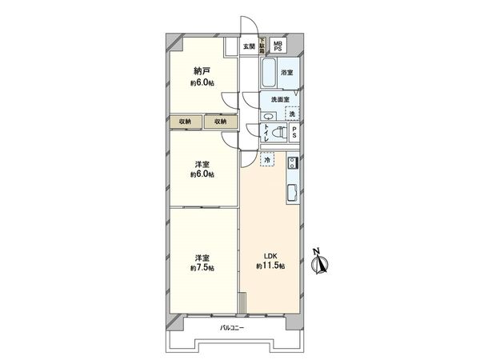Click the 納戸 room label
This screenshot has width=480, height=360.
[201, 71]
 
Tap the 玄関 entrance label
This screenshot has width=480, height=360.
[249, 46]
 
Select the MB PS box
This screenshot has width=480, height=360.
[278, 46]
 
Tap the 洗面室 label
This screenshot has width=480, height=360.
[280, 99]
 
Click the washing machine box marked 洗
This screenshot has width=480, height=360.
[294, 112]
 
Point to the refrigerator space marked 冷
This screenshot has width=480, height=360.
[267, 160]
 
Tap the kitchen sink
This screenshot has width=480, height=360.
[293, 192]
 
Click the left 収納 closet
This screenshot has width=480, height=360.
[185, 122]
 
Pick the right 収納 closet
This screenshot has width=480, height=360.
[220, 122]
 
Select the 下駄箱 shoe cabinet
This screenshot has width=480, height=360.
[262, 46]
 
